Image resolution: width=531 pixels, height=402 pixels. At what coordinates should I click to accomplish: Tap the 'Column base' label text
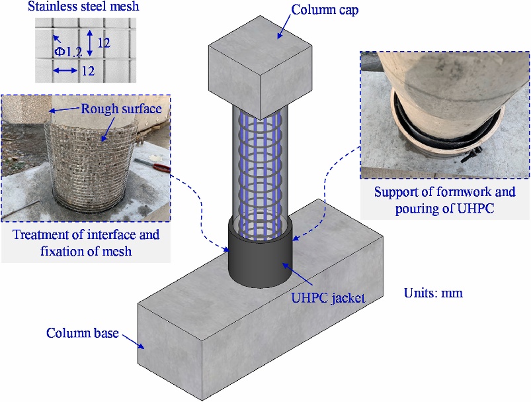tap(82, 332)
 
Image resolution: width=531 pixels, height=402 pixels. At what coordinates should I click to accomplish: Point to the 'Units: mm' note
tap(433, 292)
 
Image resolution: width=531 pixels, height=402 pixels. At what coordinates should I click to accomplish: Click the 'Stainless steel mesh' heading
tap(83, 9)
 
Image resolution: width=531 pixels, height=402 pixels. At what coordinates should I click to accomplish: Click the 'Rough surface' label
tap(122, 108)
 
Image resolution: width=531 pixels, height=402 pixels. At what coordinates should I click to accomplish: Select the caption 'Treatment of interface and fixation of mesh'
tap(87, 242)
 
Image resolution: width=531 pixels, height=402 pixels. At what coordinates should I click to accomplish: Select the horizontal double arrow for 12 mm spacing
tap(66, 70)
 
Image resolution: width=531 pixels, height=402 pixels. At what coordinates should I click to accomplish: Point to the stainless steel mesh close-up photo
tap(85, 49)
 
